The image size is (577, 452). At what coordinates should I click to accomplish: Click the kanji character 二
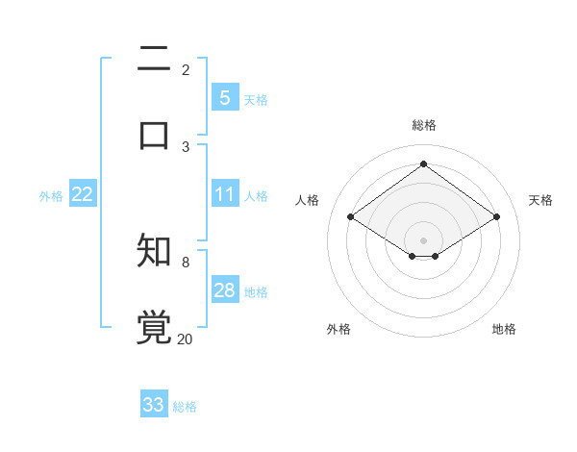(154, 61)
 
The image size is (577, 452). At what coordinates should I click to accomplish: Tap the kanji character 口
(154, 134)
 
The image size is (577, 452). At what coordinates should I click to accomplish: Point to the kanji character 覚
(154, 327)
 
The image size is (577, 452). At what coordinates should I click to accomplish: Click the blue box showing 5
(224, 98)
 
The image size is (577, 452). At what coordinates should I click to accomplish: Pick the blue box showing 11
(224, 194)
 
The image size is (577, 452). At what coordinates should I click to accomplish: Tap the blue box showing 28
(224, 290)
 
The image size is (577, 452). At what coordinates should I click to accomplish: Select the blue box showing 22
(83, 194)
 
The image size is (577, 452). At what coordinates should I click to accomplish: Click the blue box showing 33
(154, 405)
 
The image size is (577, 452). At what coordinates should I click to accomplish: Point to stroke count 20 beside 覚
(185, 339)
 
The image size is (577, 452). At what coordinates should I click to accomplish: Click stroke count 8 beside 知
(186, 262)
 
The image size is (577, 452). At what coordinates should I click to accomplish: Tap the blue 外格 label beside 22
(51, 195)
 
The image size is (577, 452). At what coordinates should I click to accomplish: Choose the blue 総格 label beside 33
(185, 407)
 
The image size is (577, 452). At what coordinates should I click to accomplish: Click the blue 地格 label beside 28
(256, 291)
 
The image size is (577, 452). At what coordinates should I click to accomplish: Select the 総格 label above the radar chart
(423, 125)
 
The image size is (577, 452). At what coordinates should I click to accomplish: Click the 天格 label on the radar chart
(540, 200)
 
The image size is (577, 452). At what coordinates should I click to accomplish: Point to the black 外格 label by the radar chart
(339, 329)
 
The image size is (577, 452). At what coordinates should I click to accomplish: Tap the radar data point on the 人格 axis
(351, 217)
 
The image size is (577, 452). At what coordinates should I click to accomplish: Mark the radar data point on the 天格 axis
(496, 217)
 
